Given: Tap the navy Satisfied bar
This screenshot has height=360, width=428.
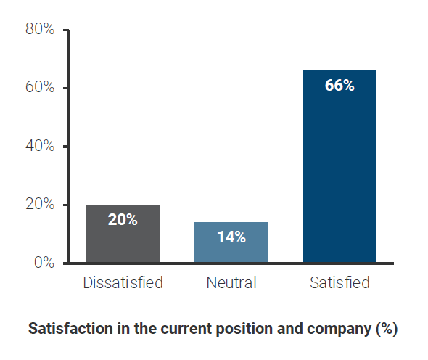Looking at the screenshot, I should point(339,174).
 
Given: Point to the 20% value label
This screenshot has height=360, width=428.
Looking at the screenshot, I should point(123,219).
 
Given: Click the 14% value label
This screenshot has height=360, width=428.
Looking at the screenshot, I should point(231,237).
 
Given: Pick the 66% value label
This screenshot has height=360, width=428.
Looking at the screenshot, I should point(339,86).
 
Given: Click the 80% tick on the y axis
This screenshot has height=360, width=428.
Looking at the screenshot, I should point(40,30).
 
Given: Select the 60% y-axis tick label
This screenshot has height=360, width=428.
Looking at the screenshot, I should point(40,88).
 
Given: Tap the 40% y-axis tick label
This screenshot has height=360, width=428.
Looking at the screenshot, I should point(40,146).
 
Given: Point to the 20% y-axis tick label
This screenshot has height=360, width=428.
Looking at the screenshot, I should point(40,205).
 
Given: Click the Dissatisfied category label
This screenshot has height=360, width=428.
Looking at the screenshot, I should point(123,282).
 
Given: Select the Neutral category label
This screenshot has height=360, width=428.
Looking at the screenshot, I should point(231,282).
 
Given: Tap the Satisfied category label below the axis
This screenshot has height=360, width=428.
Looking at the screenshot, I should point(339,282).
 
